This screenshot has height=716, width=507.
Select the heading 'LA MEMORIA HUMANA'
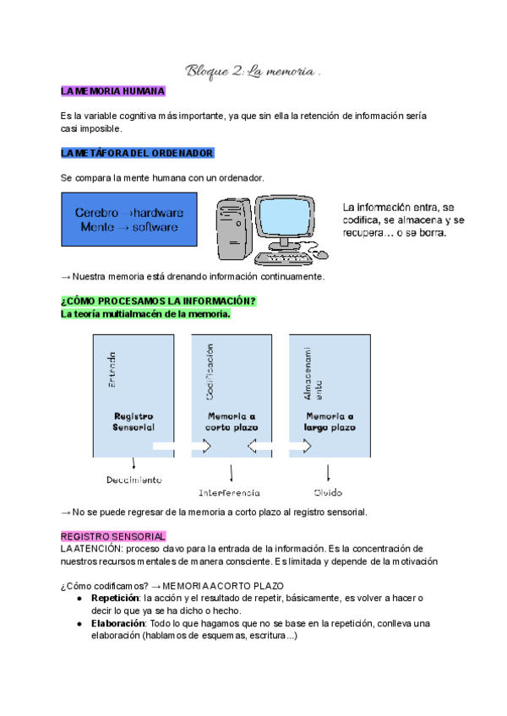(x=112, y=90)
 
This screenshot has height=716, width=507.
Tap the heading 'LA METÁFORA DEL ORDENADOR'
(x=137, y=153)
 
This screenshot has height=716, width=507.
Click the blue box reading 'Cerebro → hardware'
(x=128, y=220)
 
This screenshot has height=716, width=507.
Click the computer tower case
(x=232, y=228)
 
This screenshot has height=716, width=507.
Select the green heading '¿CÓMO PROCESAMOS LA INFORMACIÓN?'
(x=158, y=301)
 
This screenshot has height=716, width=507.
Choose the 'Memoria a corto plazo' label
(x=231, y=421)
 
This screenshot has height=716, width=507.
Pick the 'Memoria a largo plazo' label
(x=329, y=421)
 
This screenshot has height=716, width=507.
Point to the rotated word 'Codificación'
(x=209, y=371)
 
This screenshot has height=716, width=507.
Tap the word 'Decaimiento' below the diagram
(x=134, y=480)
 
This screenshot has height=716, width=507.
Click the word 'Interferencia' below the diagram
(x=230, y=491)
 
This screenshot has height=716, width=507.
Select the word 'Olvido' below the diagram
(x=328, y=491)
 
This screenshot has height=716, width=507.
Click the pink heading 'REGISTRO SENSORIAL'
(x=113, y=536)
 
